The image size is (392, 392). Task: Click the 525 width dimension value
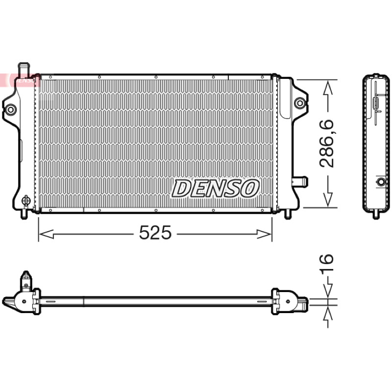point(155,232)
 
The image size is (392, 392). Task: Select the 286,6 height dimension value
point(326,144)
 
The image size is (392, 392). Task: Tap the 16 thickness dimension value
point(326,263)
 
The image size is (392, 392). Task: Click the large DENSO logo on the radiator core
point(215,188)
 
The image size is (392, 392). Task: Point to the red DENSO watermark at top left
point(20,80)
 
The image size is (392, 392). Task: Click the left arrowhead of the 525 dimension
point(46,234)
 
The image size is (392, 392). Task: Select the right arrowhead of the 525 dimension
point(264,234)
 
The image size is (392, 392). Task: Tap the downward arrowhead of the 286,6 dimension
point(328,199)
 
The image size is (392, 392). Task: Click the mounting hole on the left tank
point(11,109)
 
